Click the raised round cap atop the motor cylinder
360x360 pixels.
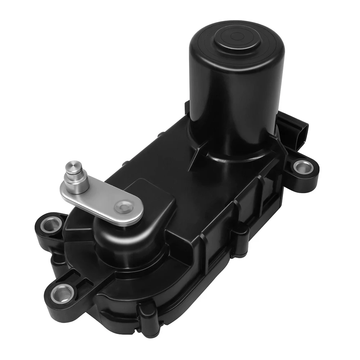237,37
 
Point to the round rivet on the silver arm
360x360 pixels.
124,207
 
